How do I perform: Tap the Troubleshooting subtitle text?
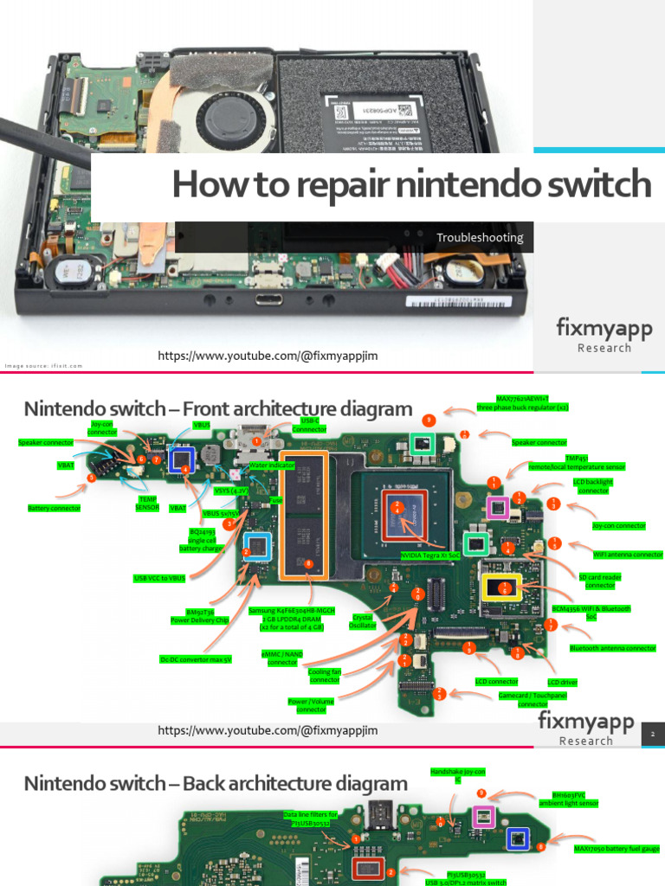(480, 237)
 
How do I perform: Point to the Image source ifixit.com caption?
(44, 366)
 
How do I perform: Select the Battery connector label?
(55, 508)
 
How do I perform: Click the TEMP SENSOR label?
(147, 503)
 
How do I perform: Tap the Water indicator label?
(272, 465)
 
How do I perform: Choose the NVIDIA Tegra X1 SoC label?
(430, 555)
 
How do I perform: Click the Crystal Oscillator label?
(363, 621)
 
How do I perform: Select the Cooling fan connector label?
(325, 675)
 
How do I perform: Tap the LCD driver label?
(563, 682)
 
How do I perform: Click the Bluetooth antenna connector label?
(612, 647)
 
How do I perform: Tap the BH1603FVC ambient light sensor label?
(575, 799)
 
